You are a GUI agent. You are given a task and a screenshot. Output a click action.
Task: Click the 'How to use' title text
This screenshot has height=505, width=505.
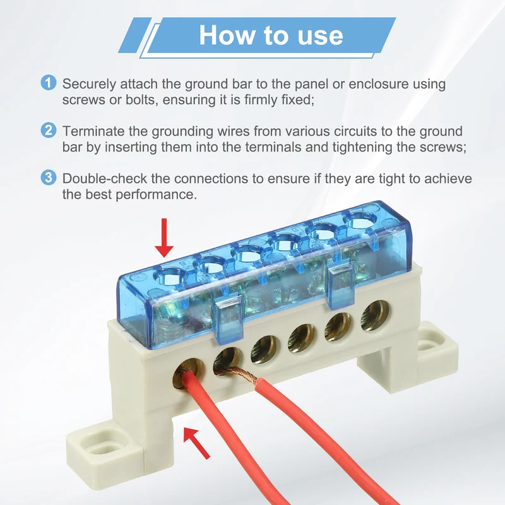pos(271,35)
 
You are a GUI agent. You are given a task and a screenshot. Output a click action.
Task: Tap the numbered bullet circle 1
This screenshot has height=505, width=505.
pos(49,83)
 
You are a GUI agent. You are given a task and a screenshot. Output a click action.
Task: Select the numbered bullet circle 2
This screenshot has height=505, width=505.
pos(49,130)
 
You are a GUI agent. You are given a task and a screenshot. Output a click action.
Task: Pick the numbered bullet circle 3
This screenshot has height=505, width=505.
pos(49,177)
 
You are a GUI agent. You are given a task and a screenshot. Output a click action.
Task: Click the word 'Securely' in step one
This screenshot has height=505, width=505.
pos(89,85)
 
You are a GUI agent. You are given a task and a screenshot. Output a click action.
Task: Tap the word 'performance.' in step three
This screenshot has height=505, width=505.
pos(156,195)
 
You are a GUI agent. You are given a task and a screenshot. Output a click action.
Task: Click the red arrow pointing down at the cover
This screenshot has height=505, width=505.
pos(164,238)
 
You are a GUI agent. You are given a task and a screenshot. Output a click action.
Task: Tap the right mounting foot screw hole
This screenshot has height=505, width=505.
pos(429,346)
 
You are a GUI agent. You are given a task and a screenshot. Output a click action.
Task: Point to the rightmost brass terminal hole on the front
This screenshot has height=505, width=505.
pos(375,316)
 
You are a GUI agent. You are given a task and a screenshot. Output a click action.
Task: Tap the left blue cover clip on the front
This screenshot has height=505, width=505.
pos(229,321)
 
